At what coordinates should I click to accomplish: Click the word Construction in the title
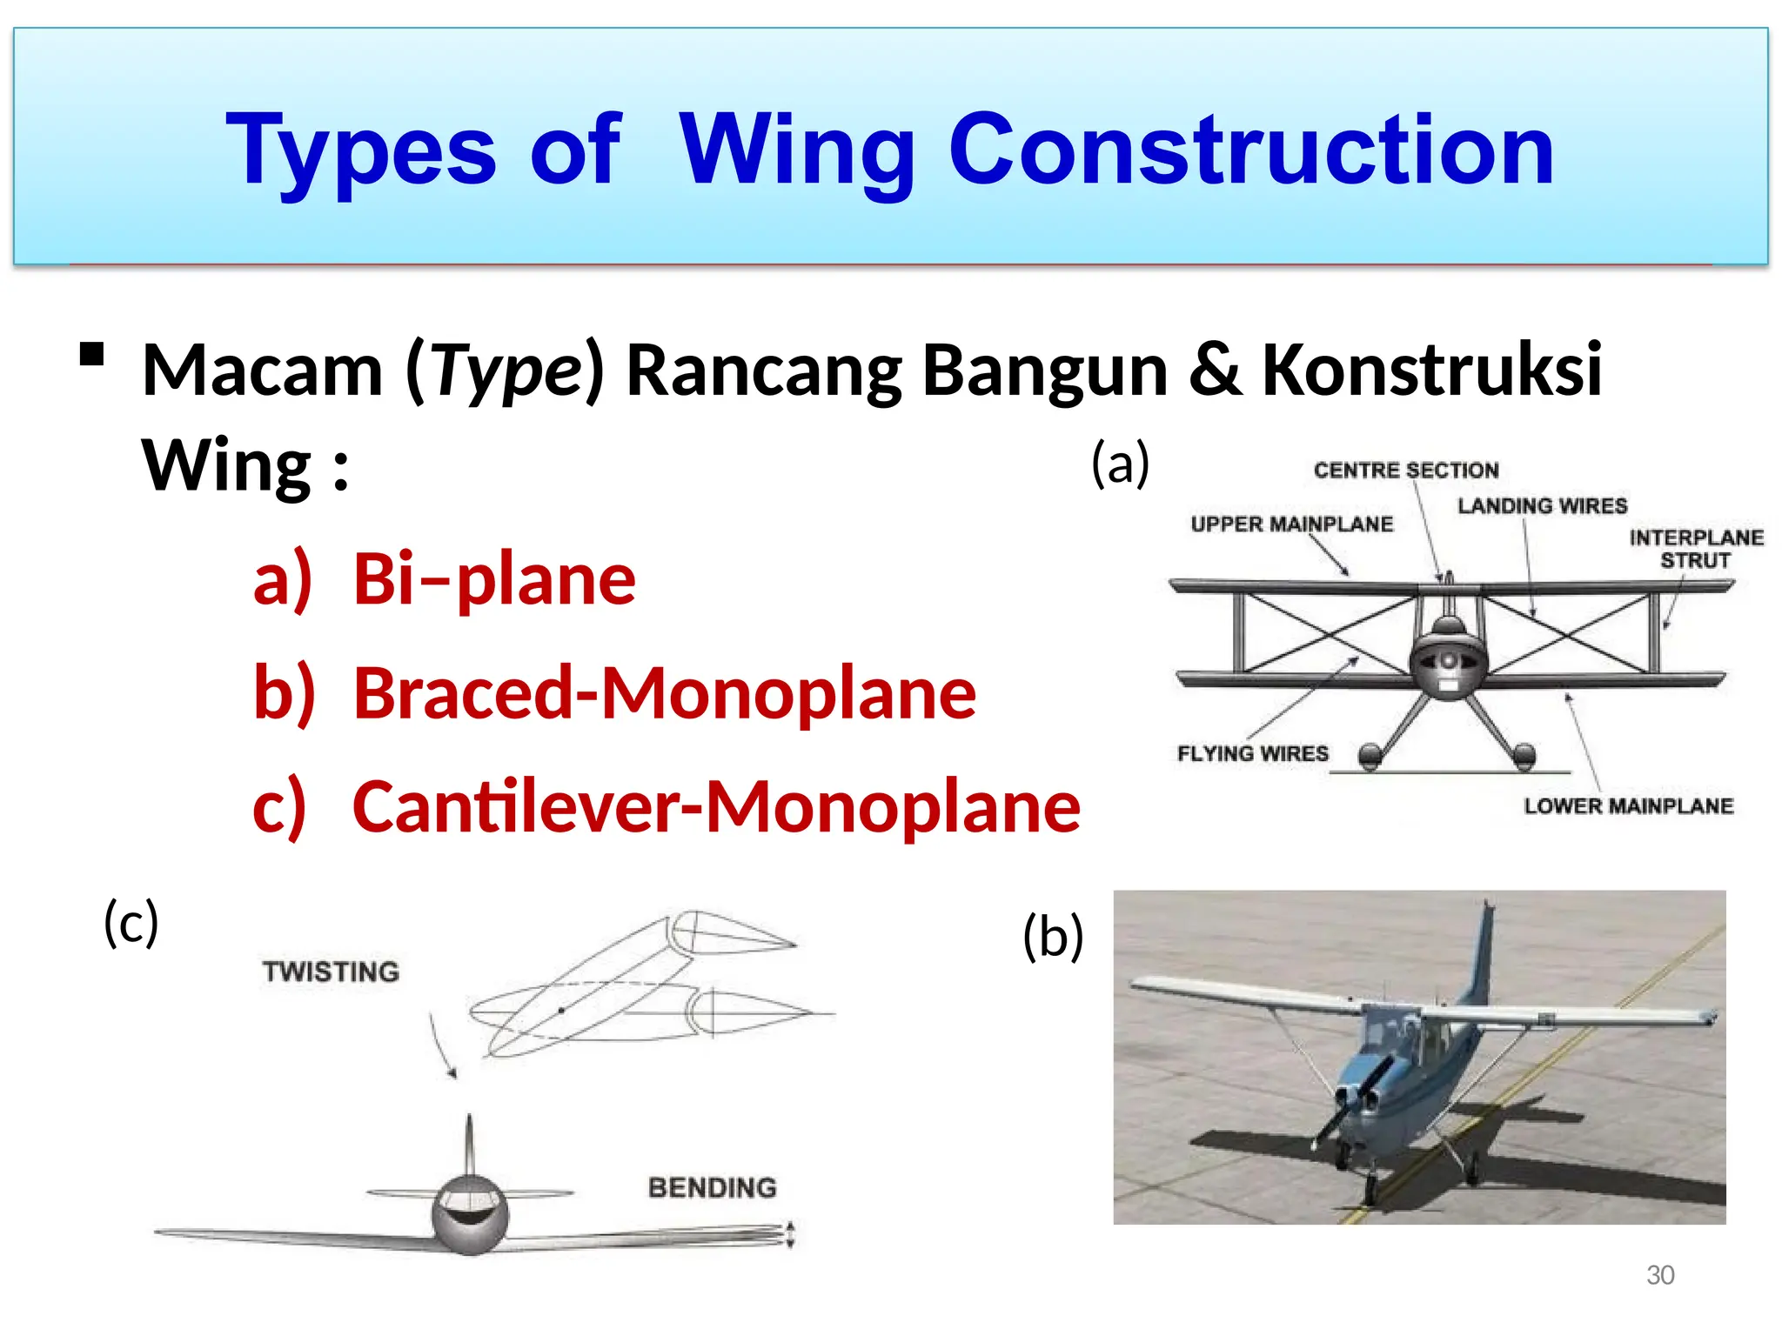tap(1250, 150)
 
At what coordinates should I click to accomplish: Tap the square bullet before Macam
tap(91, 354)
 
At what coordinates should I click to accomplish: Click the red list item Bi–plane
tap(493, 579)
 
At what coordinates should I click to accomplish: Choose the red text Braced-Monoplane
tap(664, 693)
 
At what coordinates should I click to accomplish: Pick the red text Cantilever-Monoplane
tap(715, 806)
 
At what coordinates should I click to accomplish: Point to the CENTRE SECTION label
tap(1405, 471)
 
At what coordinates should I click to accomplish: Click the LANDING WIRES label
tap(1542, 506)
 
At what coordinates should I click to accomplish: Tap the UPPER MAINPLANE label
tap(1291, 524)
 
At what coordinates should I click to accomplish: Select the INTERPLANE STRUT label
tap(1695, 549)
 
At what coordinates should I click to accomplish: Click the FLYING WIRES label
tap(1252, 753)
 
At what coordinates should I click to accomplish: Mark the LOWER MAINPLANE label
tap(1628, 806)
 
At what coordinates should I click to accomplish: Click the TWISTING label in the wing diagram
tap(331, 972)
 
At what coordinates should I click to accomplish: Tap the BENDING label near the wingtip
tap(712, 1187)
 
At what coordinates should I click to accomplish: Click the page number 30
tap(1659, 1275)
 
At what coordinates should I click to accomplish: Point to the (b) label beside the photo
tap(1053, 937)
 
